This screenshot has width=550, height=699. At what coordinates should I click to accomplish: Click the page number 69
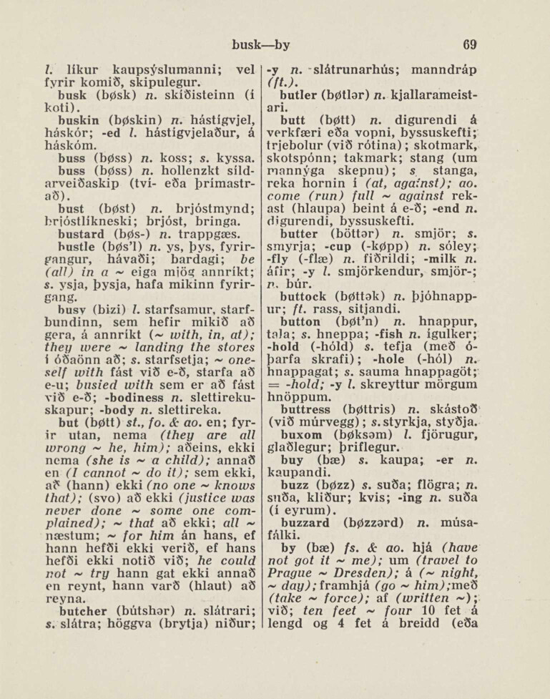[469, 44]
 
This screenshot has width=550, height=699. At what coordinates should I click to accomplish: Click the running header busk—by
[261, 44]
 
